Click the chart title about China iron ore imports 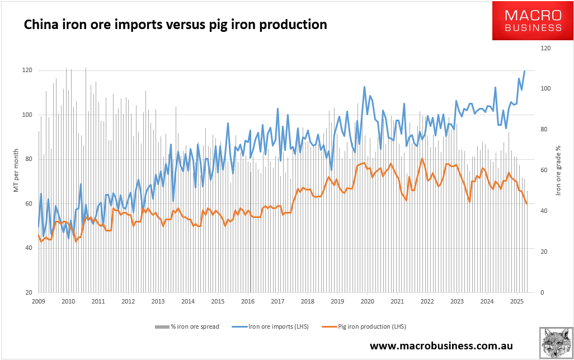coord(175,25)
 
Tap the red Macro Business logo coord(533,21)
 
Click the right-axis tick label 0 coord(542,292)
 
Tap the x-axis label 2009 coord(38,302)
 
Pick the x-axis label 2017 coord(277,302)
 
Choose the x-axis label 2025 coord(517,302)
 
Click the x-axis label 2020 coord(367,302)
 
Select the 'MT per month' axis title coord(17,170)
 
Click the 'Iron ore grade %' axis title coord(558,170)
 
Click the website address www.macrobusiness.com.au coord(441,346)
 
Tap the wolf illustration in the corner coord(556,343)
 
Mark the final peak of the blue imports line coord(525,71)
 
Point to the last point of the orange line coord(527,203)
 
